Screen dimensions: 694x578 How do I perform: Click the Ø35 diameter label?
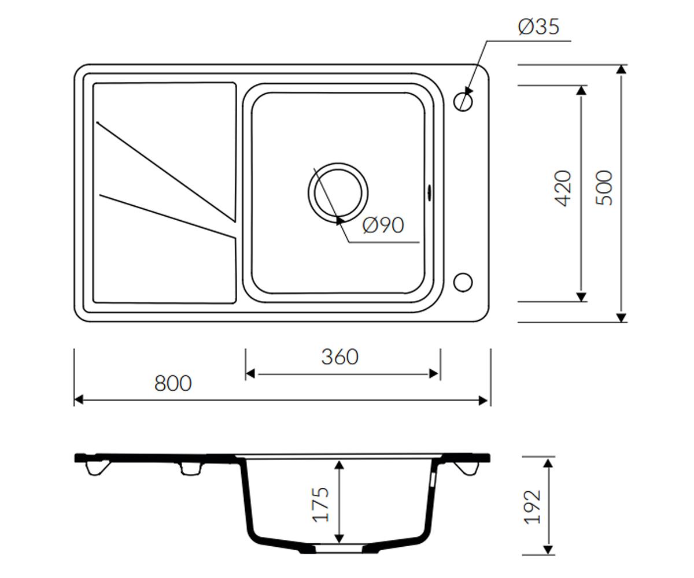pos(538,27)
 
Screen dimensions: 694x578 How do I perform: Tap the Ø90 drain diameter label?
pos(383,225)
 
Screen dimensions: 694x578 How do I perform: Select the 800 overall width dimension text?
pos(173,383)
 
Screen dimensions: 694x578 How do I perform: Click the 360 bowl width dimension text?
pos(340,357)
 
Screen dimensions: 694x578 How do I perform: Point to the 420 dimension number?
pos(563,188)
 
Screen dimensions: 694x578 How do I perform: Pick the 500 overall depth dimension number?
pos(604,188)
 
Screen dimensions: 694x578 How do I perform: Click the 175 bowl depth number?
pos(321,504)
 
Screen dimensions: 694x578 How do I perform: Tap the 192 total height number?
pos(532,507)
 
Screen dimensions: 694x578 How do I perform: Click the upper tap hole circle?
pos(463,101)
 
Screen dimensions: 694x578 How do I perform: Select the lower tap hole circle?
pos(463,283)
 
